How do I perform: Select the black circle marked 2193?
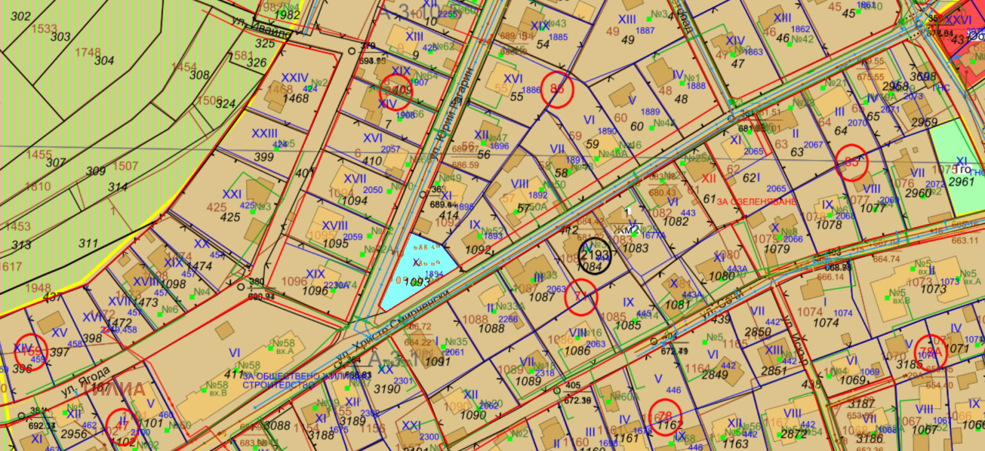(x=595, y=256)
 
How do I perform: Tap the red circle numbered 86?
(x=557, y=90)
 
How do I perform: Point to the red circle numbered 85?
(x=852, y=162)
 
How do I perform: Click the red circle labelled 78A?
(x=930, y=353)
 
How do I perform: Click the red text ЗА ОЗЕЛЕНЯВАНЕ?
(x=756, y=201)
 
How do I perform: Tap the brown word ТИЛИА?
(x=114, y=389)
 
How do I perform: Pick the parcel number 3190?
(x=387, y=389)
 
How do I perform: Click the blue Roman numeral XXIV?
(x=294, y=78)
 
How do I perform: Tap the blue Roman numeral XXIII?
(x=264, y=134)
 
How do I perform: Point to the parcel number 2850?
(x=758, y=332)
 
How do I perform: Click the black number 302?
(x=20, y=16)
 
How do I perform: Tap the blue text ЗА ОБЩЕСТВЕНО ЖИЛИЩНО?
(x=281, y=380)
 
